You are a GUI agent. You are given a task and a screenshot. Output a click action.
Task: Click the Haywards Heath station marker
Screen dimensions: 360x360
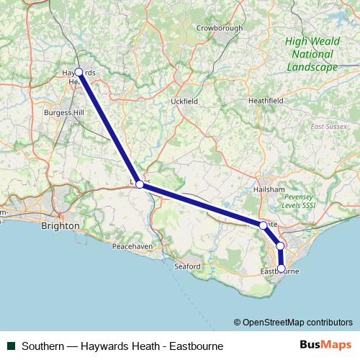[x=78, y=72]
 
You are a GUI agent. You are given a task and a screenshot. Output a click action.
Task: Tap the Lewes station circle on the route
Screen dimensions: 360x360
[x=140, y=185]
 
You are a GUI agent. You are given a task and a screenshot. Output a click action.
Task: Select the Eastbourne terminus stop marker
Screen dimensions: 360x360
[x=282, y=269]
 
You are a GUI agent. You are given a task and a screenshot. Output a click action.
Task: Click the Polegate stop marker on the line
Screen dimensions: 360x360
[x=263, y=225]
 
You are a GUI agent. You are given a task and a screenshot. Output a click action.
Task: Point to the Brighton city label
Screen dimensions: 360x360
[x=60, y=225]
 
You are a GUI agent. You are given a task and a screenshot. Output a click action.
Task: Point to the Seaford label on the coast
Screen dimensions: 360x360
[x=186, y=266]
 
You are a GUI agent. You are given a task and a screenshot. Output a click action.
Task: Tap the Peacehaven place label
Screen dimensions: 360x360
[x=130, y=247]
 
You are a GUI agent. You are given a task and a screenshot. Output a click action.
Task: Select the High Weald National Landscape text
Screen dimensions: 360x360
[x=310, y=54]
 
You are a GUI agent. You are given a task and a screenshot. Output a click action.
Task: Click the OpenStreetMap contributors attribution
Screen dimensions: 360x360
[x=293, y=322]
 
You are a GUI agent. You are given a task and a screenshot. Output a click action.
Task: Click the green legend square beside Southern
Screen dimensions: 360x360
[x=12, y=346]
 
